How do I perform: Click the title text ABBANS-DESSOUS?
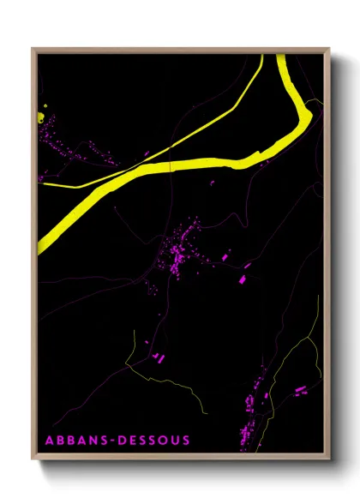coord(117,441)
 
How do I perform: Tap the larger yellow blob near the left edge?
coord(42,116)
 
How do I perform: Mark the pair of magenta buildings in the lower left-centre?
coord(157,356)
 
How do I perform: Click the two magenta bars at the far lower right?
coord(300,391)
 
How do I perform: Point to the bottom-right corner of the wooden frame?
coord(329,462)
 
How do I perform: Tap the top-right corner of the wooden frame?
coord(329,49)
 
